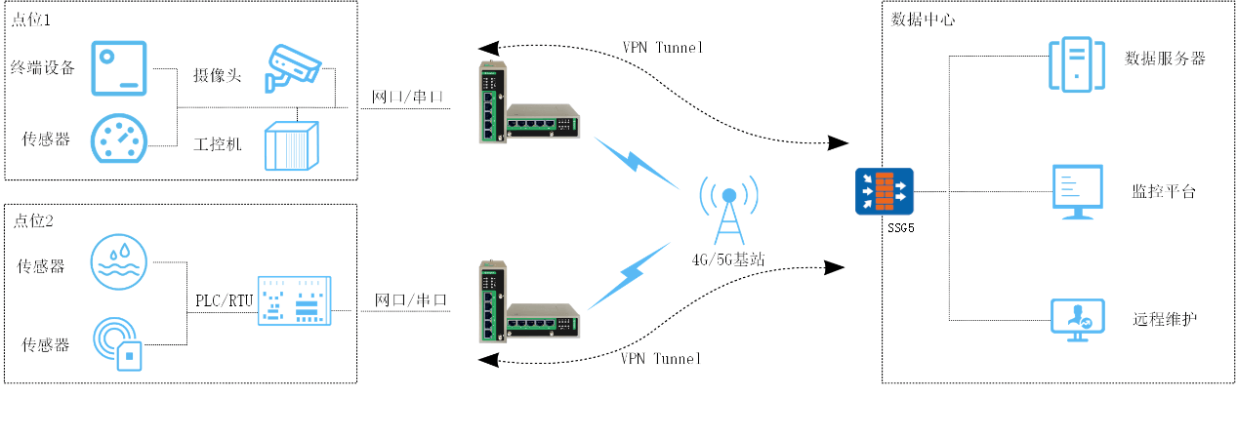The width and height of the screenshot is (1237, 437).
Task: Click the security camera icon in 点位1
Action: (x=293, y=67)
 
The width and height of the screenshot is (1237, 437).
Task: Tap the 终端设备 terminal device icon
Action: (x=120, y=68)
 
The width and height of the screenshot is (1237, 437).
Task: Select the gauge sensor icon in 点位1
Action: (x=120, y=139)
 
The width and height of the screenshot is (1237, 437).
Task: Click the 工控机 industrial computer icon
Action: (x=292, y=147)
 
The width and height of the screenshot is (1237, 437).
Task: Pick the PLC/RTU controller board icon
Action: (x=293, y=300)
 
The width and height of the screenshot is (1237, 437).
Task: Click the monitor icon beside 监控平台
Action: (x=1078, y=191)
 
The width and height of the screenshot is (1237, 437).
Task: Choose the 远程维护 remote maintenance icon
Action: (x=1076, y=319)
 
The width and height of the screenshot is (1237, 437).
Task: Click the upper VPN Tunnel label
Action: (x=662, y=47)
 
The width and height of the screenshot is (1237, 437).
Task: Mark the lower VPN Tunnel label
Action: (x=661, y=358)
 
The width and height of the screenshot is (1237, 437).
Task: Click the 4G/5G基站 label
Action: (x=728, y=259)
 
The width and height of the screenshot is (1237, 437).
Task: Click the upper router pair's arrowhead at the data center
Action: (x=839, y=143)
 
